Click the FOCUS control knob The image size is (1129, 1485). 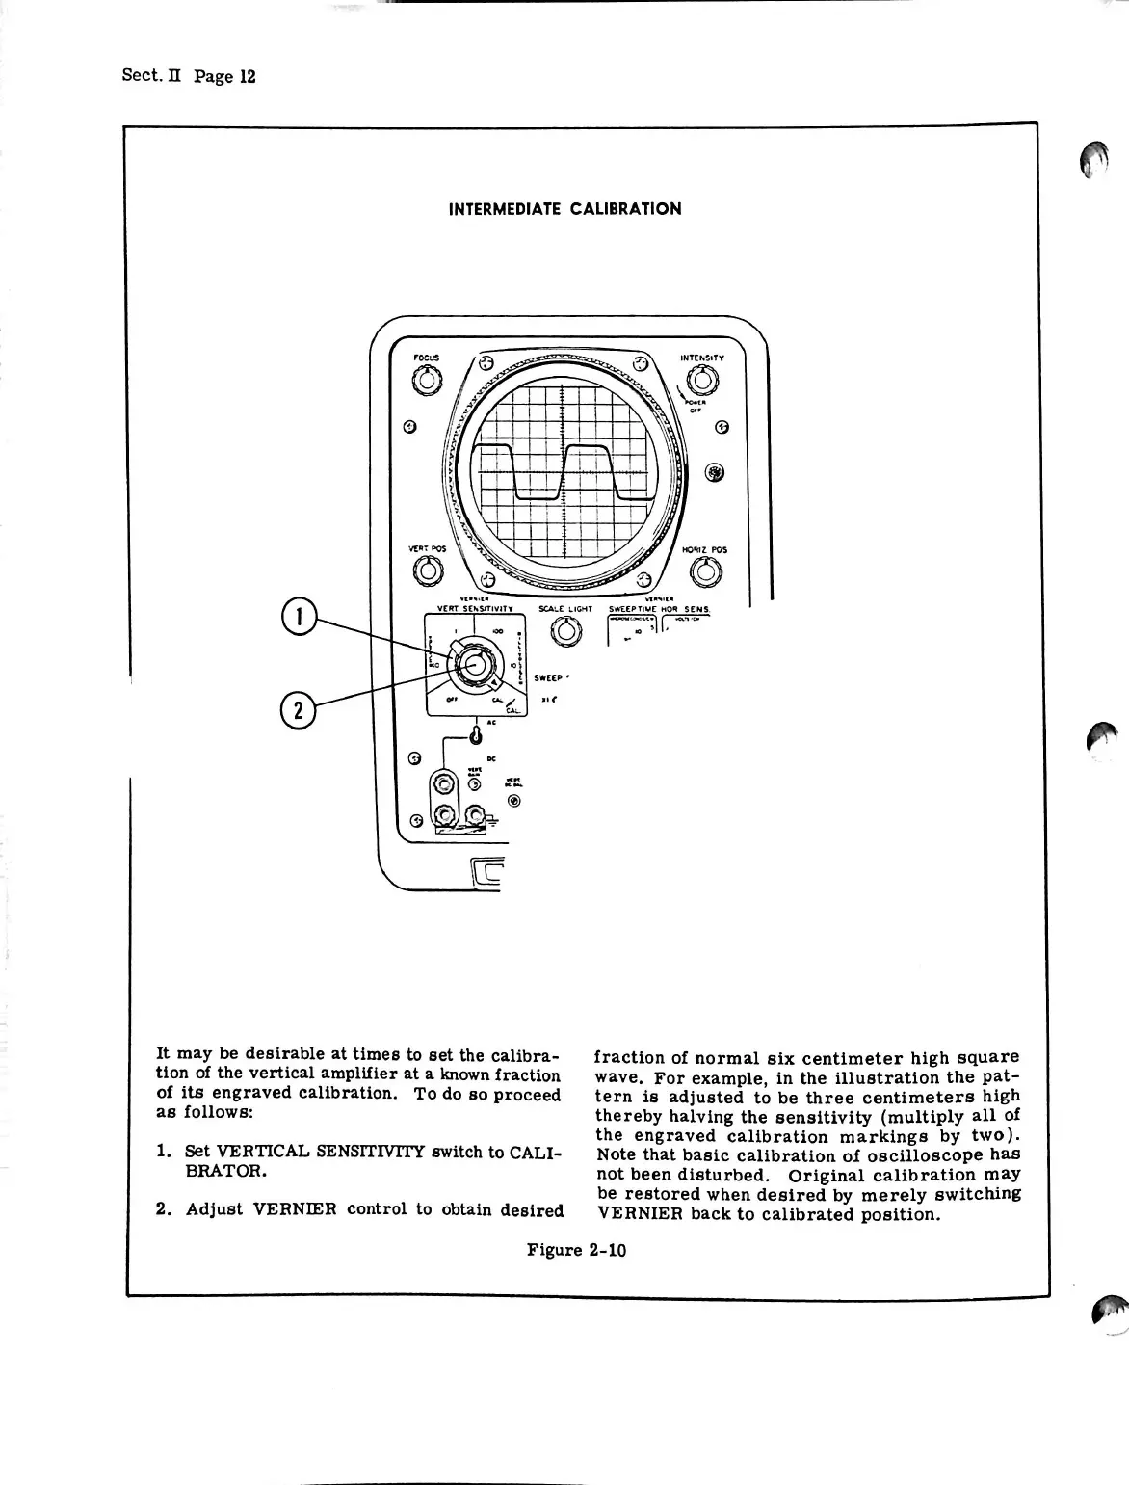pyautogui.click(x=426, y=382)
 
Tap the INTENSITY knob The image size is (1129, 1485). pyautogui.click(x=701, y=382)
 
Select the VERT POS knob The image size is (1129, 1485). pyautogui.click(x=426, y=572)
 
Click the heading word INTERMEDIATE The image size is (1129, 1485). pyautogui.click(x=505, y=209)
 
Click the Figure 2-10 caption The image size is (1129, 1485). pyautogui.click(x=576, y=1250)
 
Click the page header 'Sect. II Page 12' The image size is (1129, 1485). pyautogui.click(x=188, y=75)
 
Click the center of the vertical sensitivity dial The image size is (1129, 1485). pyautogui.click(x=472, y=663)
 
